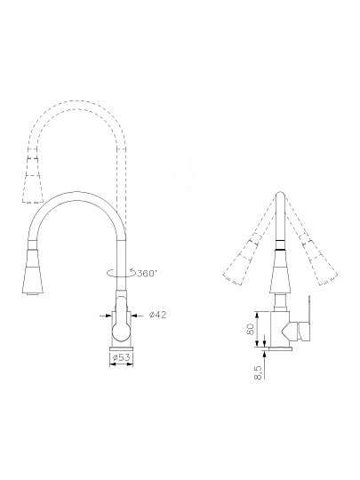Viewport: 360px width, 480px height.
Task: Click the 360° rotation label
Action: [x=148, y=273]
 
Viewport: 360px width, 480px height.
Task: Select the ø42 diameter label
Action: [x=157, y=315]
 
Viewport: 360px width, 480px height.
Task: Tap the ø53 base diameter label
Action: [x=121, y=357]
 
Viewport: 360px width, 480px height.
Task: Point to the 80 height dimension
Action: [x=251, y=329]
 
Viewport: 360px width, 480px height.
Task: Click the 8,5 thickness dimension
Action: [x=258, y=372]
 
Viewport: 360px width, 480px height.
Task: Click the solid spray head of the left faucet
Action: [x=33, y=272]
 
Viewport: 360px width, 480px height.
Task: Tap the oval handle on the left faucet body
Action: [x=121, y=324]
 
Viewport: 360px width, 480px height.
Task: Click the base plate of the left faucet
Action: [x=122, y=348]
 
